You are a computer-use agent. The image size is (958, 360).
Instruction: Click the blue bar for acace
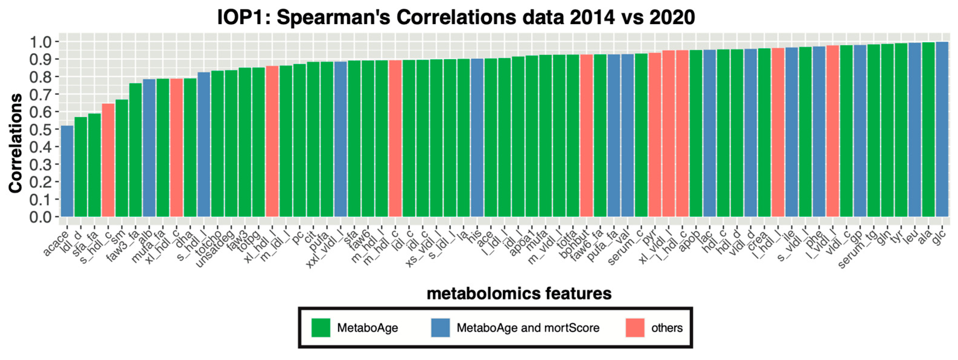click(67, 171)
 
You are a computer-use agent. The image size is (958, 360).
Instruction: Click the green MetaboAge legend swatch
click(320, 328)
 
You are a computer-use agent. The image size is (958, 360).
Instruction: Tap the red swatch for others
click(635, 328)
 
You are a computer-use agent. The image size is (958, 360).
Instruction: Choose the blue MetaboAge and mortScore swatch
click(440, 328)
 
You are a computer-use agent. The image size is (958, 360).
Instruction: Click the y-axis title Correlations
click(16, 143)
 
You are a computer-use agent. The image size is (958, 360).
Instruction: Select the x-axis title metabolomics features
click(519, 293)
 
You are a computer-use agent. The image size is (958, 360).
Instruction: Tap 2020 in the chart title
click(672, 18)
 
